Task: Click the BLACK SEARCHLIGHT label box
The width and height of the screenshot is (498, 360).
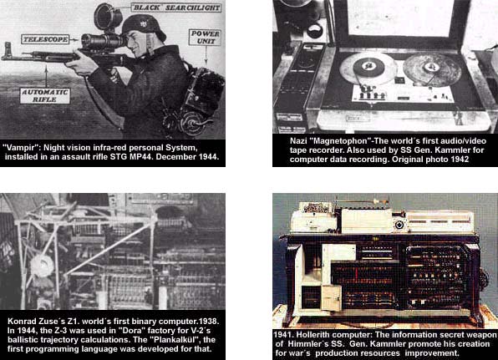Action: [176, 8]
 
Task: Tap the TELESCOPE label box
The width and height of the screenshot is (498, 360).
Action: [45, 39]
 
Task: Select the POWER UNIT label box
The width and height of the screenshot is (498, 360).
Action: [205, 38]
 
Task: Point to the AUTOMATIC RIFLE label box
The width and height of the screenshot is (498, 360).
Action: [45, 96]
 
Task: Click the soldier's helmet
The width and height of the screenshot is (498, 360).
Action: [144, 26]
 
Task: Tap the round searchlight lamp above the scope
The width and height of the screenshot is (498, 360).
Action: [107, 17]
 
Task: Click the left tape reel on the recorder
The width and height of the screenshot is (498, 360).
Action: [368, 68]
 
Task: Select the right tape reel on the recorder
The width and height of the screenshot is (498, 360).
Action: [432, 69]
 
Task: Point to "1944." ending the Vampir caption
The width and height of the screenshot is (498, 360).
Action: [209, 157]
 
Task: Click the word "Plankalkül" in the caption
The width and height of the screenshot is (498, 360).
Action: [175, 340]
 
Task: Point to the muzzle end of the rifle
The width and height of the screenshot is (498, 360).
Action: [3, 57]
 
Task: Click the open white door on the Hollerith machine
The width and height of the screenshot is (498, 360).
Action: [332, 298]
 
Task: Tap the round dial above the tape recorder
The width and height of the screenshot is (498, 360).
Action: [315, 32]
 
